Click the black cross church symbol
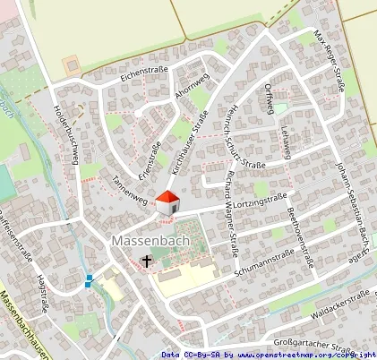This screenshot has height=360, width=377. click(147, 261)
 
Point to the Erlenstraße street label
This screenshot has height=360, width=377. click(149, 159)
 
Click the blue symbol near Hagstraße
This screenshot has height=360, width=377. click(88, 280)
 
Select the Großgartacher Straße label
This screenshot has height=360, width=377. click(309, 346)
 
